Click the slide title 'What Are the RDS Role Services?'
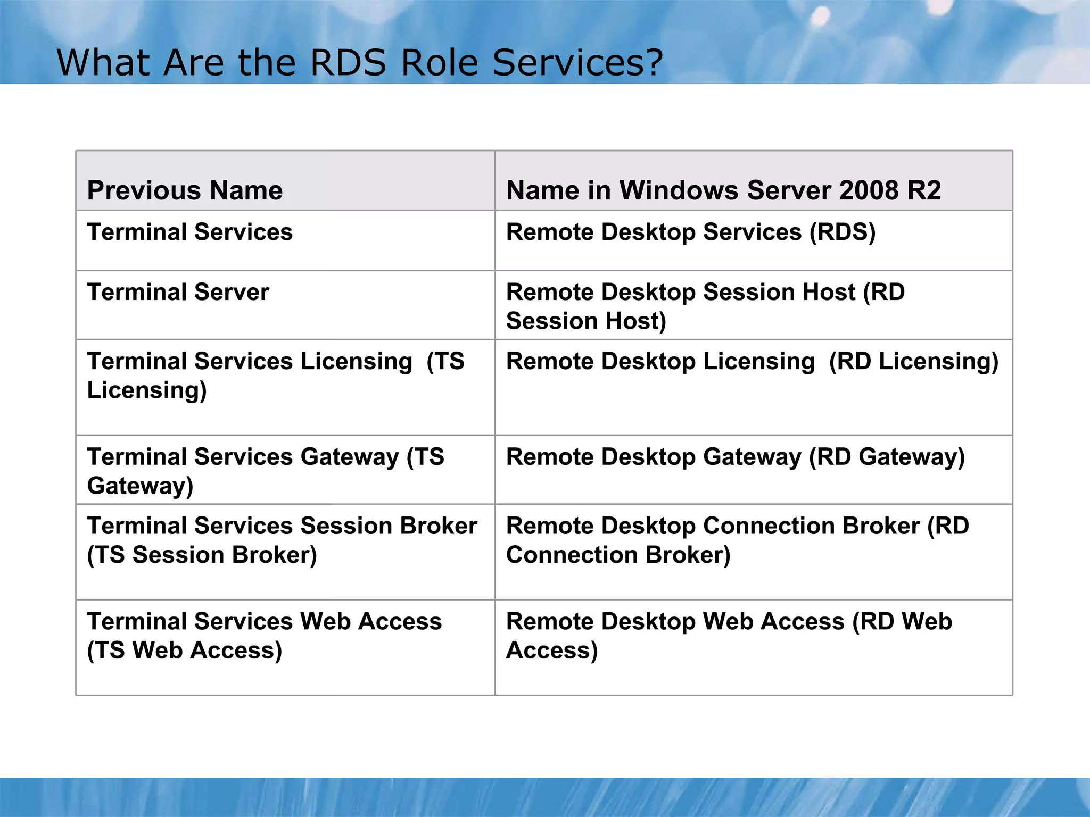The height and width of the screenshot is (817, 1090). point(360,63)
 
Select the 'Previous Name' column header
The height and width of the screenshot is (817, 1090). point(185,190)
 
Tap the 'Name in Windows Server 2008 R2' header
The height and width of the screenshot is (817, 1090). point(723,190)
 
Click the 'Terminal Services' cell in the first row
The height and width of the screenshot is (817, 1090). point(190,232)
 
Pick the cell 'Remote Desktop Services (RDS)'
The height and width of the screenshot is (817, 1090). point(690,232)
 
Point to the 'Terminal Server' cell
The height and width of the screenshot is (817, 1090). point(178,292)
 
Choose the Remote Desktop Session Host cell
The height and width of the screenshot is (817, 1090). point(705,306)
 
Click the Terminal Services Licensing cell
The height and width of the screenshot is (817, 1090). point(275,375)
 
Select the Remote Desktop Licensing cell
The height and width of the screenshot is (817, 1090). point(752,361)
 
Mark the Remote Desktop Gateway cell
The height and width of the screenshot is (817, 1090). point(735,457)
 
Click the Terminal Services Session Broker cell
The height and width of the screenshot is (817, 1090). point(282,540)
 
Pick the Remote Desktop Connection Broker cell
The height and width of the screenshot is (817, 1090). point(737,540)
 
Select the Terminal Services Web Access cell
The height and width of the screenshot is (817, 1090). point(264,636)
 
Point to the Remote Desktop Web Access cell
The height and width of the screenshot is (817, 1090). point(729,636)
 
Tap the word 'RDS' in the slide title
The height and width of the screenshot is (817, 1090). point(348,63)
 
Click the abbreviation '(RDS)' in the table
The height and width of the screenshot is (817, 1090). point(843,232)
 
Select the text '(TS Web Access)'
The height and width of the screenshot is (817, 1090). point(184,650)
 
